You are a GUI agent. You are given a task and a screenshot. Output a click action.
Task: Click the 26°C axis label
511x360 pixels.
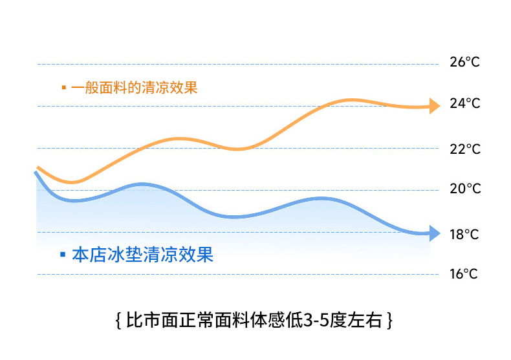tap(464, 63)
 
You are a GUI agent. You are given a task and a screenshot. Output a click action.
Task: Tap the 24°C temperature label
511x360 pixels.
tap(464, 104)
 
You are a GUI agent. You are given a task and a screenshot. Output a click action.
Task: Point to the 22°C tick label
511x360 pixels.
tap(464, 149)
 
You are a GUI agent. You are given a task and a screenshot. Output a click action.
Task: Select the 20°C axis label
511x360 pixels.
tap(464, 189)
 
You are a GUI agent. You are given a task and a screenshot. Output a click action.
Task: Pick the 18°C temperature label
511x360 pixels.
tap(464, 234)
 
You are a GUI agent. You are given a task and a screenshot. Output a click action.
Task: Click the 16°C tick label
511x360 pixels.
tap(464, 274)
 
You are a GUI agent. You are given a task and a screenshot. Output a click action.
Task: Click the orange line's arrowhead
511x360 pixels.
tap(434, 105)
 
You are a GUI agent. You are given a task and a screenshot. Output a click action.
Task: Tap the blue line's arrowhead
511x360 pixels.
tap(434, 233)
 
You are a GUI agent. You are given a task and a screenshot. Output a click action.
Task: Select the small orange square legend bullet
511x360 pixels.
tap(63, 87)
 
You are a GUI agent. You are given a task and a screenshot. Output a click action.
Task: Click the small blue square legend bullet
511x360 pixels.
tap(62, 255)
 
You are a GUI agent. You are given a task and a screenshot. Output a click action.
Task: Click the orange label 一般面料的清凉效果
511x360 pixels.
tap(135, 87)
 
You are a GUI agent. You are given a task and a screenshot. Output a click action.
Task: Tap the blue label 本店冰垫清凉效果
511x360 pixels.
tap(142, 255)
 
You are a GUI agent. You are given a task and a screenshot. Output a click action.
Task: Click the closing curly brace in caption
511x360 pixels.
tap(391, 321)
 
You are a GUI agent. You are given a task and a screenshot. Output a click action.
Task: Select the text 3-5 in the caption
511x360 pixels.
tap(316, 321)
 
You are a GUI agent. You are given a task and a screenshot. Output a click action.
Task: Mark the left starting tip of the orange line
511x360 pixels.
tap(39, 167)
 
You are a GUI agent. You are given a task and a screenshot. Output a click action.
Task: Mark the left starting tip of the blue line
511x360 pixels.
tap(36, 173)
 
